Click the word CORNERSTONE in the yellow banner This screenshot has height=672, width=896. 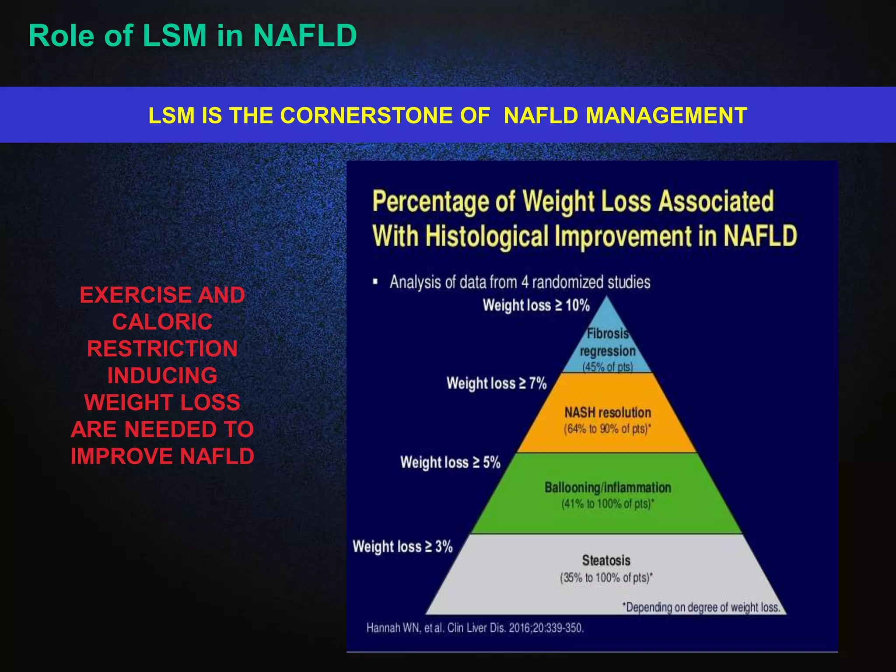[385, 116]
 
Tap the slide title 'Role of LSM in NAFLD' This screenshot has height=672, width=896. [192, 35]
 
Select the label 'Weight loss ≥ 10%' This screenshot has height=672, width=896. [536, 305]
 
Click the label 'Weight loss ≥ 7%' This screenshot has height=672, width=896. [497, 383]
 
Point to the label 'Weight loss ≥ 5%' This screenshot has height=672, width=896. [450, 462]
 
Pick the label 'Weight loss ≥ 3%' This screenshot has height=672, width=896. [402, 546]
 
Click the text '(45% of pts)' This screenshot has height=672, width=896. [607, 367]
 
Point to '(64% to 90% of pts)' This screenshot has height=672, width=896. [607, 429]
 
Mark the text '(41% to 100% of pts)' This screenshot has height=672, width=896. [607, 504]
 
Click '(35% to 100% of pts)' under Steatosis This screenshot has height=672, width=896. [606, 577]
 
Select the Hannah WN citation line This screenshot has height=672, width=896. [475, 628]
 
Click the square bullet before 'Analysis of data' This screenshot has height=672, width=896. [375, 282]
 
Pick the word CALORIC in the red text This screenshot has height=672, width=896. [162, 322]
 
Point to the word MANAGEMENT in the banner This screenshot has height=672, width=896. [666, 116]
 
